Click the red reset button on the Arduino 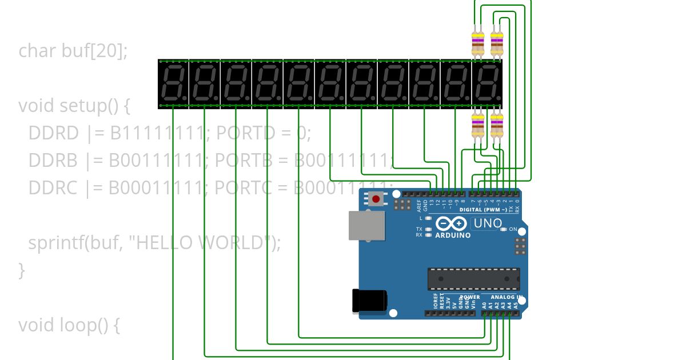(376, 199)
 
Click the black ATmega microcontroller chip (473, 278)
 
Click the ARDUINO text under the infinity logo (453, 235)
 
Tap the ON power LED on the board (503, 229)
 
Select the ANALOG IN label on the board (506, 297)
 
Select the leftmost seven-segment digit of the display (173, 83)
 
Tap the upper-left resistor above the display (477, 43)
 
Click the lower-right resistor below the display (497, 126)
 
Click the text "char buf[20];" (73, 51)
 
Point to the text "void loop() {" (69, 325)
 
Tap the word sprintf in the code (55, 243)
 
